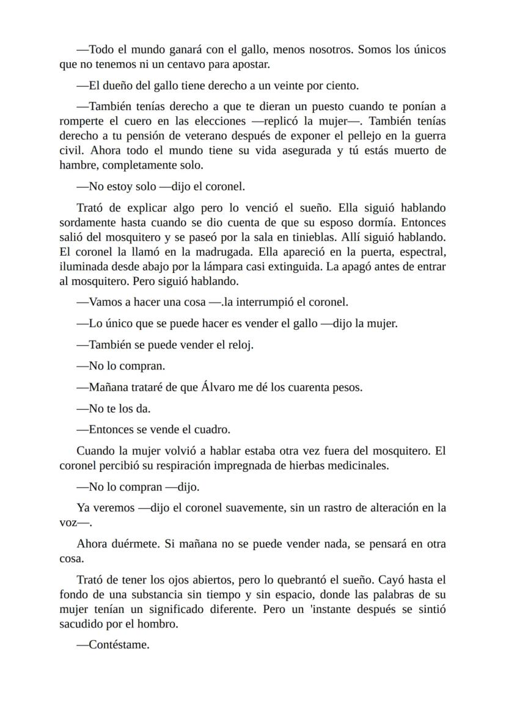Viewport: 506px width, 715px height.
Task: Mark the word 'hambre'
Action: (x=74, y=165)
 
